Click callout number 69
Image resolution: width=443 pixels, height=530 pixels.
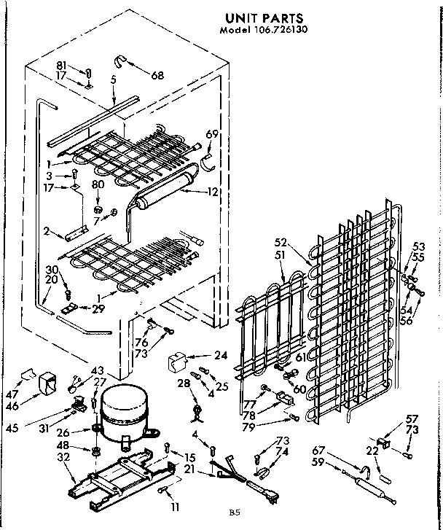(x=212, y=134)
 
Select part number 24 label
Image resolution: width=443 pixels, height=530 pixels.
(x=221, y=355)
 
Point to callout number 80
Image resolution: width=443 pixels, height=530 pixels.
(x=98, y=185)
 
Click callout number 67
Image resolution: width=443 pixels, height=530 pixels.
(x=319, y=450)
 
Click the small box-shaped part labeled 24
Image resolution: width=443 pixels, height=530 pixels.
(x=179, y=362)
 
